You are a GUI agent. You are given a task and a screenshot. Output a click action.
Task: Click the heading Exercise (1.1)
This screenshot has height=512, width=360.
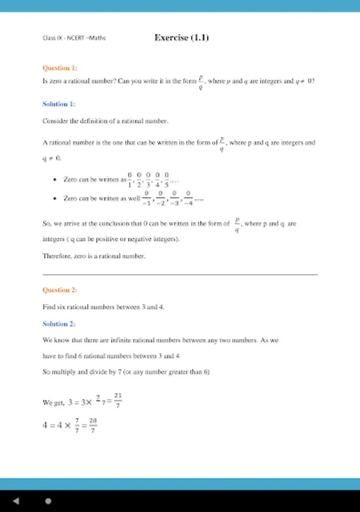pyautogui.click(x=181, y=38)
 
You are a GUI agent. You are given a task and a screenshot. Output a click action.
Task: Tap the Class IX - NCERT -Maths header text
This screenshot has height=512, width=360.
pyautogui.click(x=74, y=38)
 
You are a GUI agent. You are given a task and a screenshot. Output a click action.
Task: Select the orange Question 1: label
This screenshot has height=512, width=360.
pyautogui.click(x=60, y=68)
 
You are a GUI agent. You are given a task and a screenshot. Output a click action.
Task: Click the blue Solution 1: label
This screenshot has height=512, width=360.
pyautogui.click(x=59, y=104)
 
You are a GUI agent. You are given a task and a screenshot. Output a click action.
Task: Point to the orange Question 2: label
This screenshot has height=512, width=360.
pyautogui.click(x=60, y=290)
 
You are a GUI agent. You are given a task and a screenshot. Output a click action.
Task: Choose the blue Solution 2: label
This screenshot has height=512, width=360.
pyautogui.click(x=59, y=324)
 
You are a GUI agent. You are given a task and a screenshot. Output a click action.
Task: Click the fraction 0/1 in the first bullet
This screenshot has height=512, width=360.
pyautogui.click(x=130, y=179)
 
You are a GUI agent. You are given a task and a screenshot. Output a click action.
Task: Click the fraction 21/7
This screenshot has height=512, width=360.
pyautogui.click(x=118, y=400)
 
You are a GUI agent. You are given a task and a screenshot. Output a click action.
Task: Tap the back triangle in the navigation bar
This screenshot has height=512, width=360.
pyautogui.click(x=16, y=501)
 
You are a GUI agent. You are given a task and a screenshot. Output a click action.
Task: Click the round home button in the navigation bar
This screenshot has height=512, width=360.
pyautogui.click(x=48, y=501)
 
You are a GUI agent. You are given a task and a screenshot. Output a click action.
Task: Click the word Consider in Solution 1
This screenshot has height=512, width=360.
pyautogui.click(x=55, y=121)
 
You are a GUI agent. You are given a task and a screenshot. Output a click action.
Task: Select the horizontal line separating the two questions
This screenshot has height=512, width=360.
pyautogui.click(x=180, y=275)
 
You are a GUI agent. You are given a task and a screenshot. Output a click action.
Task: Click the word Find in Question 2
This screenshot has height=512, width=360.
pyautogui.click(x=48, y=307)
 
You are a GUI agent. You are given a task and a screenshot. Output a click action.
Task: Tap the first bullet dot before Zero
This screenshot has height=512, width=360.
pyautogui.click(x=54, y=180)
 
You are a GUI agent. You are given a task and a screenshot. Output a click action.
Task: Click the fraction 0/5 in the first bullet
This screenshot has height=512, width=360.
pyautogui.click(x=167, y=179)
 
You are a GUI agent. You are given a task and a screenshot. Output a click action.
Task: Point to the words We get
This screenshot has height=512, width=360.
pyautogui.click(x=52, y=403)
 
